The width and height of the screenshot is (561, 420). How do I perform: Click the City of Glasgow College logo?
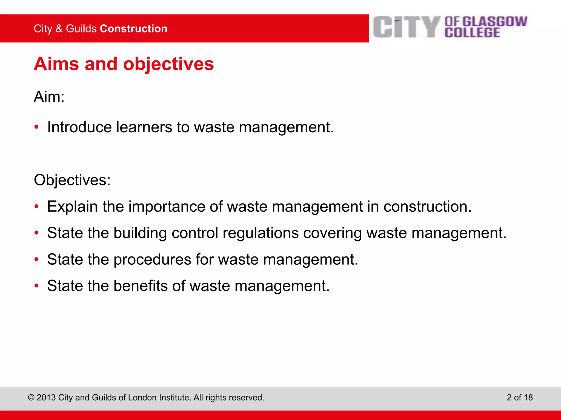[450, 27]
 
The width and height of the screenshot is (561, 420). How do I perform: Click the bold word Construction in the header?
[134, 29]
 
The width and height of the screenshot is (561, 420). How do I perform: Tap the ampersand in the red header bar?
[59, 29]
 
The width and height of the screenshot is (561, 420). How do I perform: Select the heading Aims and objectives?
[124, 64]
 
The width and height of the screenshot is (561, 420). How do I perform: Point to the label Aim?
[49, 97]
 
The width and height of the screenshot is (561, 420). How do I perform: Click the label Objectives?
[72, 180]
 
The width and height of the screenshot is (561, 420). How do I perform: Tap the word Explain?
[72, 206]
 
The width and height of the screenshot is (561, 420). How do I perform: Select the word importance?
[167, 206]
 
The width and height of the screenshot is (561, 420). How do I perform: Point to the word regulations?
[261, 233]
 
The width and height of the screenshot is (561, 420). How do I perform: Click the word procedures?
[152, 259]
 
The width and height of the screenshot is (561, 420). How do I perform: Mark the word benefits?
[141, 286]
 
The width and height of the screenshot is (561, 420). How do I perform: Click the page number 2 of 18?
[520, 397]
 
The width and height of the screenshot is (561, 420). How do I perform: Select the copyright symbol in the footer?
[31, 398]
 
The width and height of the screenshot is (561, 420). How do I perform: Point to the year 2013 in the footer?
[46, 398]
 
